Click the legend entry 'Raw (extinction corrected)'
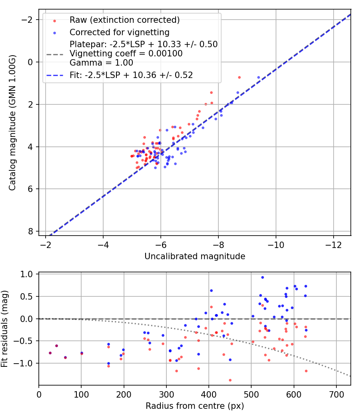click(124, 20)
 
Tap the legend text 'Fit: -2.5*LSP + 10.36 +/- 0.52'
click(131, 75)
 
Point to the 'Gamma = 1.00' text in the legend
click(101, 63)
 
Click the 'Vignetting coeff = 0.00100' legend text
click(126, 54)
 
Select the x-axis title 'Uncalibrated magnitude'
click(195, 256)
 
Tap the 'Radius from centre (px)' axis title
click(195, 406)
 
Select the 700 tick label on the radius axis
click(336, 394)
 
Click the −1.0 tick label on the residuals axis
click(26, 363)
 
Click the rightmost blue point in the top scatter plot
click(258, 77)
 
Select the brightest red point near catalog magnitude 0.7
click(239, 77)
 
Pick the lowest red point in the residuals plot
click(230, 380)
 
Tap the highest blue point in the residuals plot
click(262, 277)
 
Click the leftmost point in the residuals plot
click(50, 353)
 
